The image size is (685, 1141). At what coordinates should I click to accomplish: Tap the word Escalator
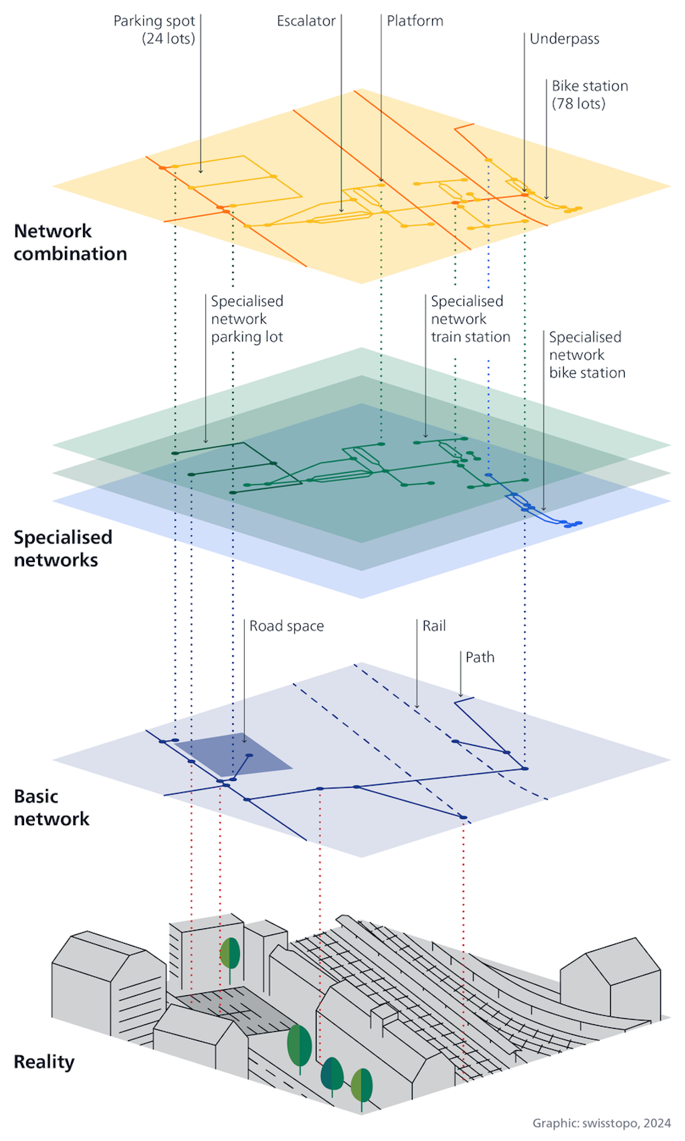[x=306, y=21]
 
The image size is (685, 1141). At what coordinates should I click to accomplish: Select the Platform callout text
[x=415, y=21]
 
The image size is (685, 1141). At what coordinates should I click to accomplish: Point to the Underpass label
[x=564, y=39]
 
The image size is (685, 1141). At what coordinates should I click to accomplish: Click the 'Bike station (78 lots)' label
[x=589, y=95]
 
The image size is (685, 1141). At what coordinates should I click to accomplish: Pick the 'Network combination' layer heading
[x=70, y=242]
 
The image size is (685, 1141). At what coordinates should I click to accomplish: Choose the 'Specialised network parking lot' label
[x=247, y=319]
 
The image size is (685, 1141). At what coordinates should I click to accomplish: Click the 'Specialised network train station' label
[x=470, y=319]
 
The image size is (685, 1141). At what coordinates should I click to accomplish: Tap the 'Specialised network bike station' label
[x=587, y=355]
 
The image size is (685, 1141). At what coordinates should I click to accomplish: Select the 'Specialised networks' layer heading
[x=62, y=549]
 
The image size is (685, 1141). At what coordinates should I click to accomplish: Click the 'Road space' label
[x=286, y=626]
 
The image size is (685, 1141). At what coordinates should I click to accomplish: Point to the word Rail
[x=433, y=626]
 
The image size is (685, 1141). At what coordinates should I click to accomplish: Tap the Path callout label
[x=480, y=658]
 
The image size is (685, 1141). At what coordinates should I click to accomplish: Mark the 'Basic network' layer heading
[x=51, y=808]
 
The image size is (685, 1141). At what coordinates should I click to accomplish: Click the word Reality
[x=44, y=1062]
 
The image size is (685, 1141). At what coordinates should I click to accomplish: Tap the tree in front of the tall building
[x=230, y=954]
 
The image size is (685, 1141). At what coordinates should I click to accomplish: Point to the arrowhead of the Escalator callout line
[x=341, y=211]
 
